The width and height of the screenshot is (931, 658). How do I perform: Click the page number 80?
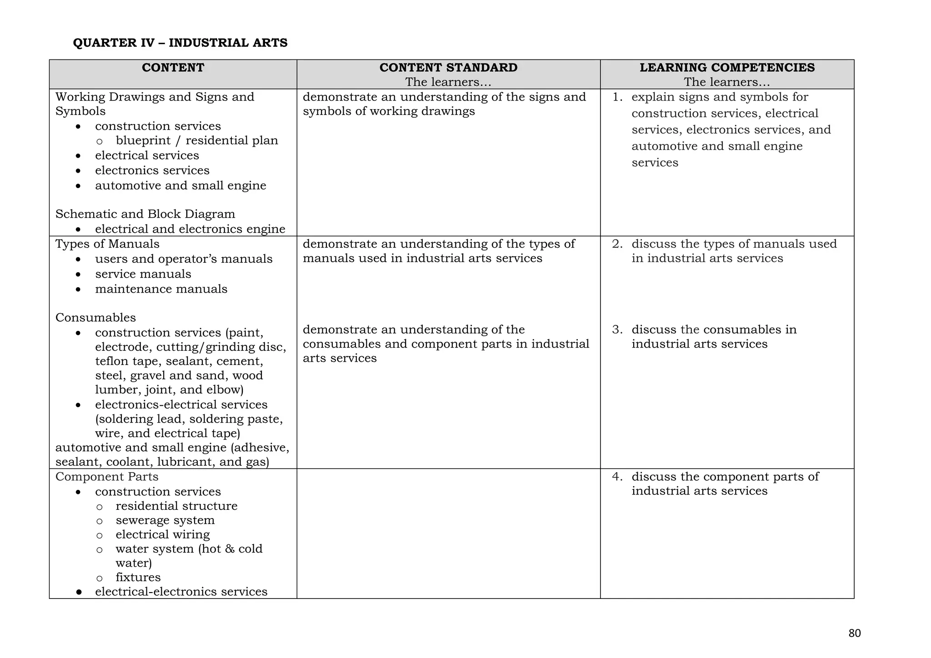(x=855, y=633)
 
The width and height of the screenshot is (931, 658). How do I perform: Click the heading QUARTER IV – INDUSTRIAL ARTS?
(x=180, y=43)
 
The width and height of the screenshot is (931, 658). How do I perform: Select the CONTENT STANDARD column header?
(x=448, y=68)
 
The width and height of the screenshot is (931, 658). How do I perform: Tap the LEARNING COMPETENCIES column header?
(x=727, y=68)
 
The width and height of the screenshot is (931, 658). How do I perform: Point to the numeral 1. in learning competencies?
(x=617, y=97)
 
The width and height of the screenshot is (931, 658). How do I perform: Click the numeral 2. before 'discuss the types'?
(x=617, y=244)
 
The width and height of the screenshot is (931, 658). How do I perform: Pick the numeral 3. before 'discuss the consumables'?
(x=617, y=329)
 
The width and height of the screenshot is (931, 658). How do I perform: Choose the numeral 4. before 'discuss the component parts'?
(x=617, y=477)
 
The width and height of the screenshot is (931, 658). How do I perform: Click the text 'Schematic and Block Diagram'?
(x=145, y=214)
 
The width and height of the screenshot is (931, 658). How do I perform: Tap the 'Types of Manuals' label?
(x=107, y=244)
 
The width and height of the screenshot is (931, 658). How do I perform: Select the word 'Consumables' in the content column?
(x=95, y=317)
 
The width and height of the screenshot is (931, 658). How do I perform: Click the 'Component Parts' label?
(x=107, y=477)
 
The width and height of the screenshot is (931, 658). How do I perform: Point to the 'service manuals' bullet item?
(x=143, y=274)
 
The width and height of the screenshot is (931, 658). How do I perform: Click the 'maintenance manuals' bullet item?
(x=161, y=289)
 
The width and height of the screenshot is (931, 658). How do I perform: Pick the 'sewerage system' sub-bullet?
(x=165, y=520)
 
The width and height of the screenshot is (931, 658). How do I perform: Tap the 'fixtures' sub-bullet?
(x=138, y=578)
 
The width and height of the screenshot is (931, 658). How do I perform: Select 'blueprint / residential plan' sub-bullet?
(x=197, y=140)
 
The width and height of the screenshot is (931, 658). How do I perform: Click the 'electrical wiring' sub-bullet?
(x=163, y=534)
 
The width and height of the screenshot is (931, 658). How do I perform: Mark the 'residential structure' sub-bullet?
(x=176, y=506)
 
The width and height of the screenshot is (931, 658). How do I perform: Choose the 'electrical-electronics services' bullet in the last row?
(x=181, y=592)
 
